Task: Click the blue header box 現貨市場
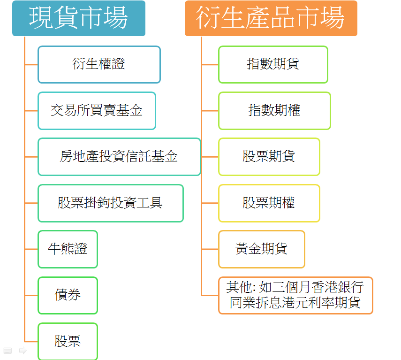(78, 18)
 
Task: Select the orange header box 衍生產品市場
(271, 18)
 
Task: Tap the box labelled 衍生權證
(99, 64)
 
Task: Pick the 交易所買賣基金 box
(97, 111)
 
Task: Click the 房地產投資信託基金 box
(119, 157)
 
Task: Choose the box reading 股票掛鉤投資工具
(110, 203)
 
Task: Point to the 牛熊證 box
(68, 249)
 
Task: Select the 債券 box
(68, 295)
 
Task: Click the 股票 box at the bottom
(68, 341)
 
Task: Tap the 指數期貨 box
(273, 64)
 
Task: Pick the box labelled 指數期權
(274, 111)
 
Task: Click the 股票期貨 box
(269, 157)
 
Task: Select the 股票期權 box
(269, 203)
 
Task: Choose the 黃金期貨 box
(261, 249)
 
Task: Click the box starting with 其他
(295, 295)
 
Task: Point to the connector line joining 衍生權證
(31, 64)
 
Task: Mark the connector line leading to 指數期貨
(210, 64)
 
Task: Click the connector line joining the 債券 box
(31, 295)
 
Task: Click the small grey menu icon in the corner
(7, 350)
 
